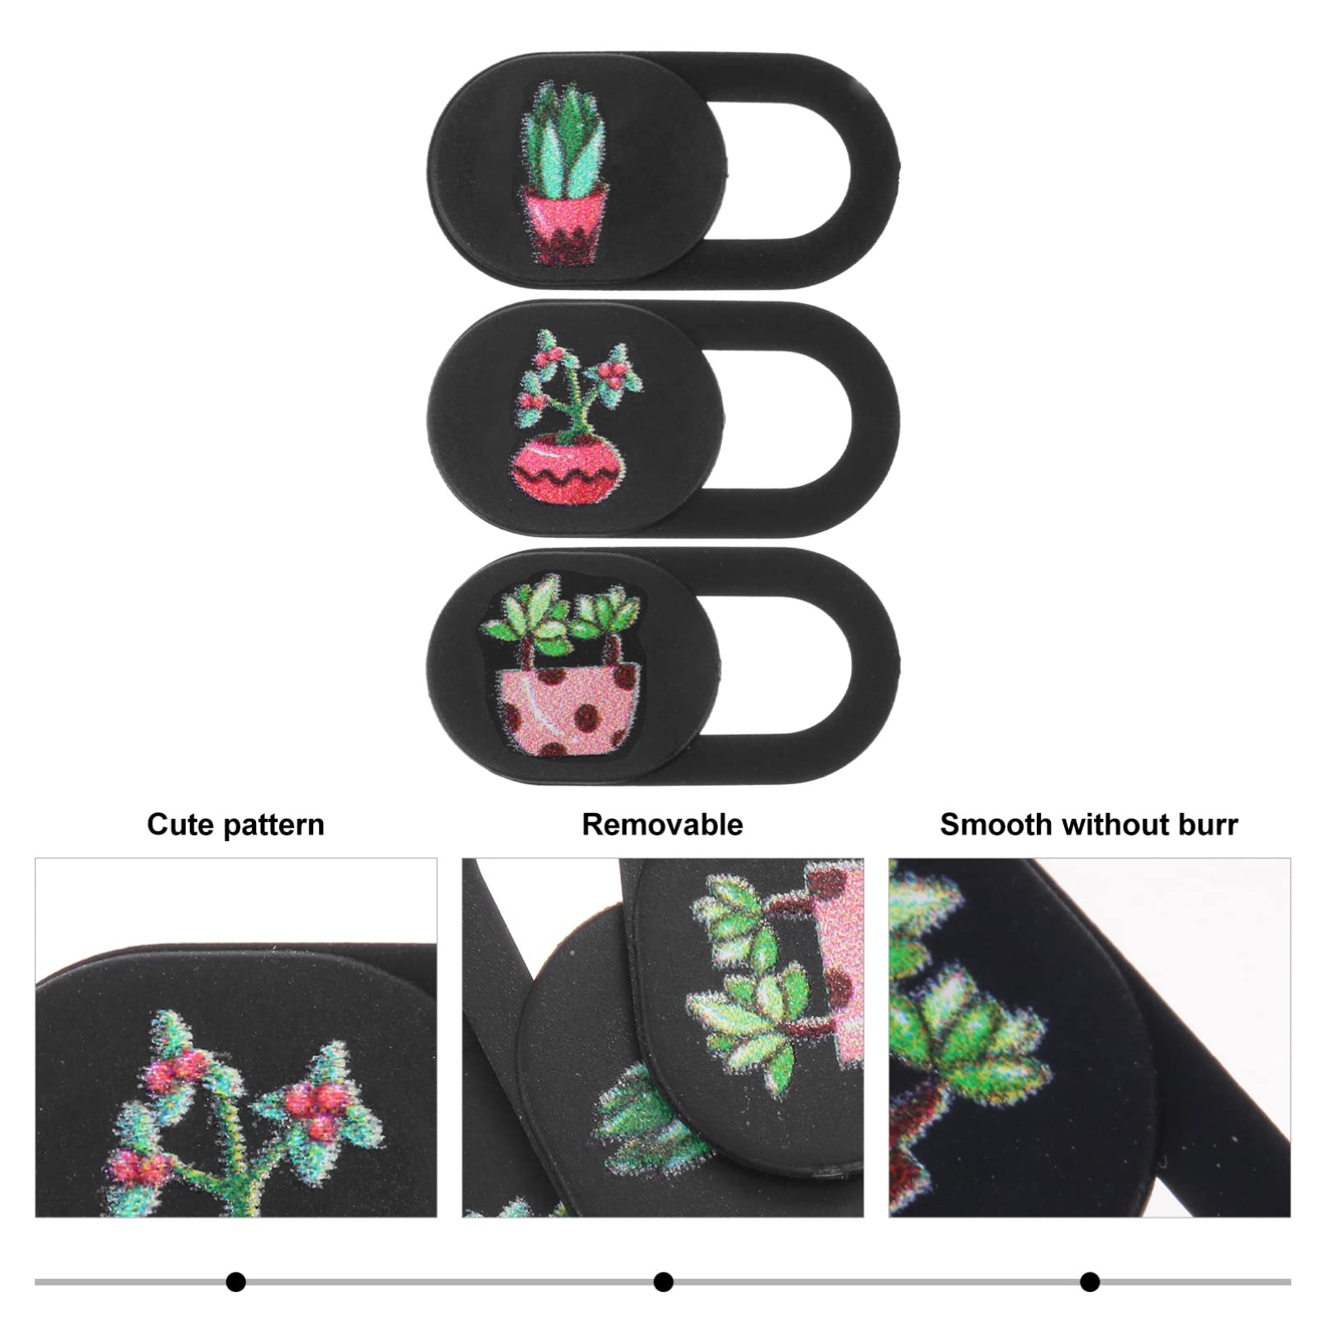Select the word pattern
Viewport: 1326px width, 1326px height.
click(273, 826)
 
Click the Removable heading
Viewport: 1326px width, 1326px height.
click(663, 825)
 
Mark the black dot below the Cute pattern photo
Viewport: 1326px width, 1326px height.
click(236, 1282)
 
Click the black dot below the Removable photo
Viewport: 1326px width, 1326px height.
click(663, 1282)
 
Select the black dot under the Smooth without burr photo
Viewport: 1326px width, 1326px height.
click(1090, 1282)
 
